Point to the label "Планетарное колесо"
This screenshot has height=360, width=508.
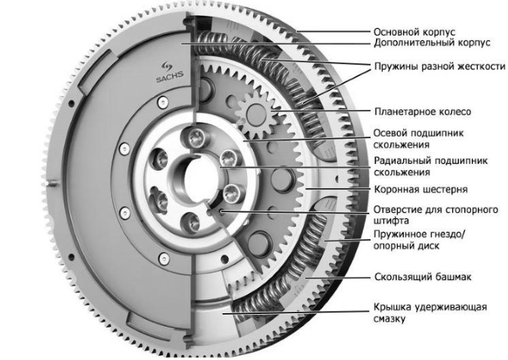click(x=423, y=111)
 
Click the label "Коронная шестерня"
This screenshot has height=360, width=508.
click(x=420, y=188)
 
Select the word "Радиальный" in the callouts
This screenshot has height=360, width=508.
click(x=401, y=161)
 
